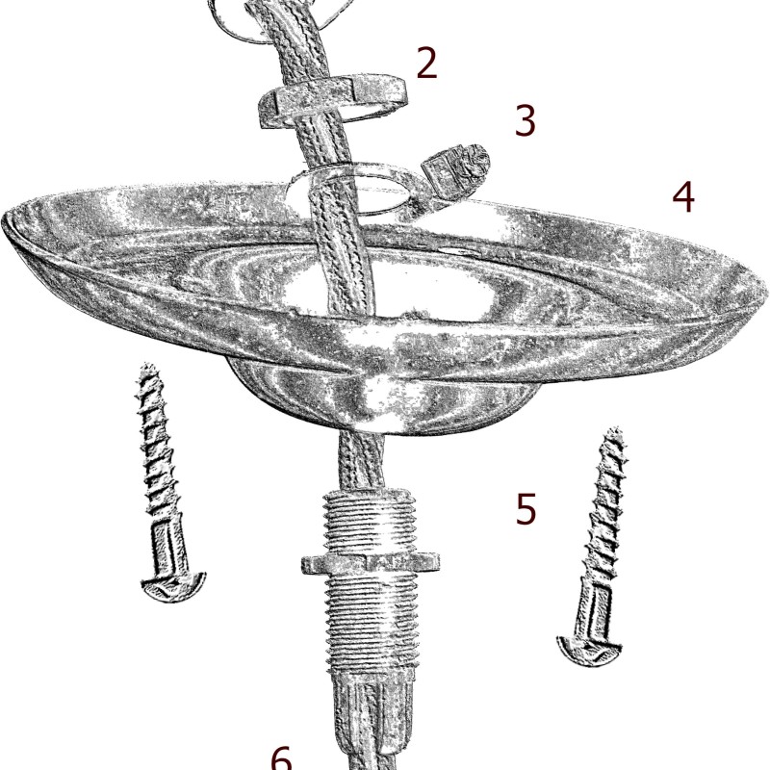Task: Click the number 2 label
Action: pos(426,63)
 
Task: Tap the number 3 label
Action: pos(525,120)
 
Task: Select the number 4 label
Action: pos(683,197)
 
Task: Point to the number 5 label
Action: pos(526,509)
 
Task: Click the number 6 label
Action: pos(281,758)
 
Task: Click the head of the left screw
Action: pos(174,587)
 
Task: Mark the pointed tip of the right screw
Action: pos(614,429)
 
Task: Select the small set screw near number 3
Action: pos(456,172)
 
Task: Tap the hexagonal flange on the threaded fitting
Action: pos(371,563)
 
